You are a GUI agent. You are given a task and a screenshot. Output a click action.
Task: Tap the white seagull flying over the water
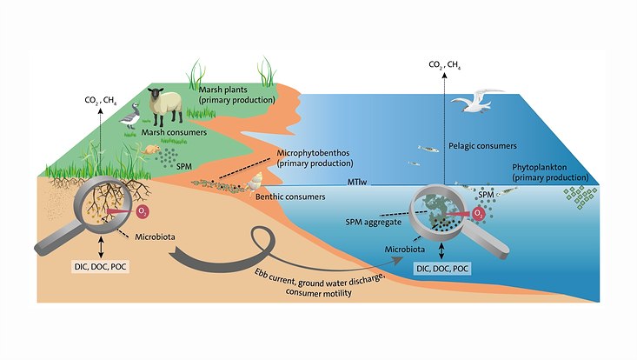click(477, 100)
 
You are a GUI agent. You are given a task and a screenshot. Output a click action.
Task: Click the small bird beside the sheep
click(132, 115)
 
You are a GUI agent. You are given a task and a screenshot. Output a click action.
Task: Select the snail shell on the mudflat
click(255, 183)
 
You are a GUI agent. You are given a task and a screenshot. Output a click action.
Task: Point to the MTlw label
click(355, 183)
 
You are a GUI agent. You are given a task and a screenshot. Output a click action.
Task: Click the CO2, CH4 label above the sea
click(445, 64)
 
